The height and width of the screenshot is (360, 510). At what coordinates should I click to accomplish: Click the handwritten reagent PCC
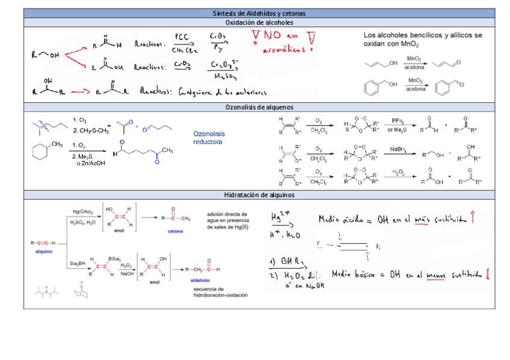click(182, 36)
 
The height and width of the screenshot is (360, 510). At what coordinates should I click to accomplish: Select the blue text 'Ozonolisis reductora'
click(207, 138)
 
